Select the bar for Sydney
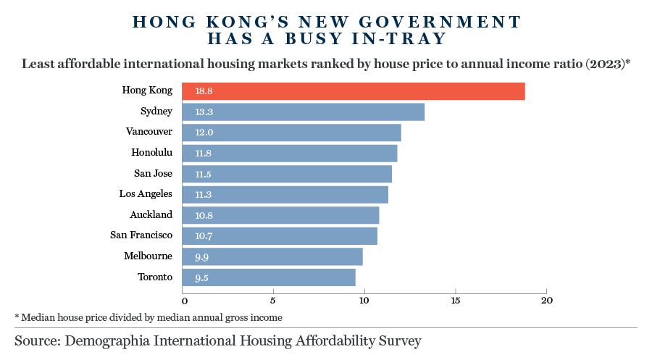pyautogui.click(x=304, y=112)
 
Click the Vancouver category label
pyautogui.click(x=149, y=132)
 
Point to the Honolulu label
pyautogui.click(x=151, y=152)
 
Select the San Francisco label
pyautogui.click(x=141, y=235)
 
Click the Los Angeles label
pyautogui.click(x=146, y=194)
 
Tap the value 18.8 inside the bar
pyautogui.click(x=204, y=91)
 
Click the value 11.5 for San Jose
pyautogui.click(x=204, y=175)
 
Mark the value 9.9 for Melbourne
pyautogui.click(x=202, y=257)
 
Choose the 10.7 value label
pyautogui.click(x=204, y=237)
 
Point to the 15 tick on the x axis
pyautogui.click(x=455, y=301)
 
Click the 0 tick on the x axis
pyautogui.click(x=184, y=301)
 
